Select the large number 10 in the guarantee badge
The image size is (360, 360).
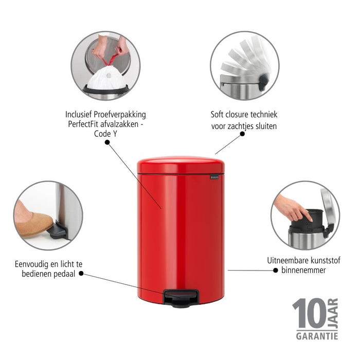[309, 314]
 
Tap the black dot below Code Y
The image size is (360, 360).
[107, 142]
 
